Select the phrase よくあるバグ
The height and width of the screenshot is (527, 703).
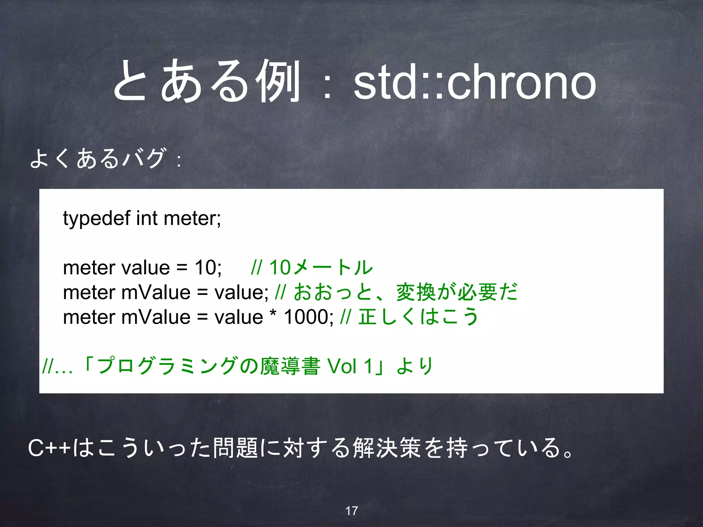coord(98,158)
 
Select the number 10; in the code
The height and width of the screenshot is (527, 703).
coord(208,267)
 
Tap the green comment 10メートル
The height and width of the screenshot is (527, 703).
coord(321,267)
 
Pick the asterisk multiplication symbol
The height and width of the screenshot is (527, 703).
coord(273,314)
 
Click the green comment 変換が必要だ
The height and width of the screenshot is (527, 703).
coord(457,292)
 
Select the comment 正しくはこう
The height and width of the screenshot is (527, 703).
coord(418,317)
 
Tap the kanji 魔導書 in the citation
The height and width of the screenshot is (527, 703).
coord(290,366)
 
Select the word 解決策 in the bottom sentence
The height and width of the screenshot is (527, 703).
coord(387,448)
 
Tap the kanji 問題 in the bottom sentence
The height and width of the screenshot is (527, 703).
coord(235,448)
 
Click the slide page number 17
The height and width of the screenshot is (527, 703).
coord(351,511)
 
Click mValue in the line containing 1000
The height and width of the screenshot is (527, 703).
coord(156,317)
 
